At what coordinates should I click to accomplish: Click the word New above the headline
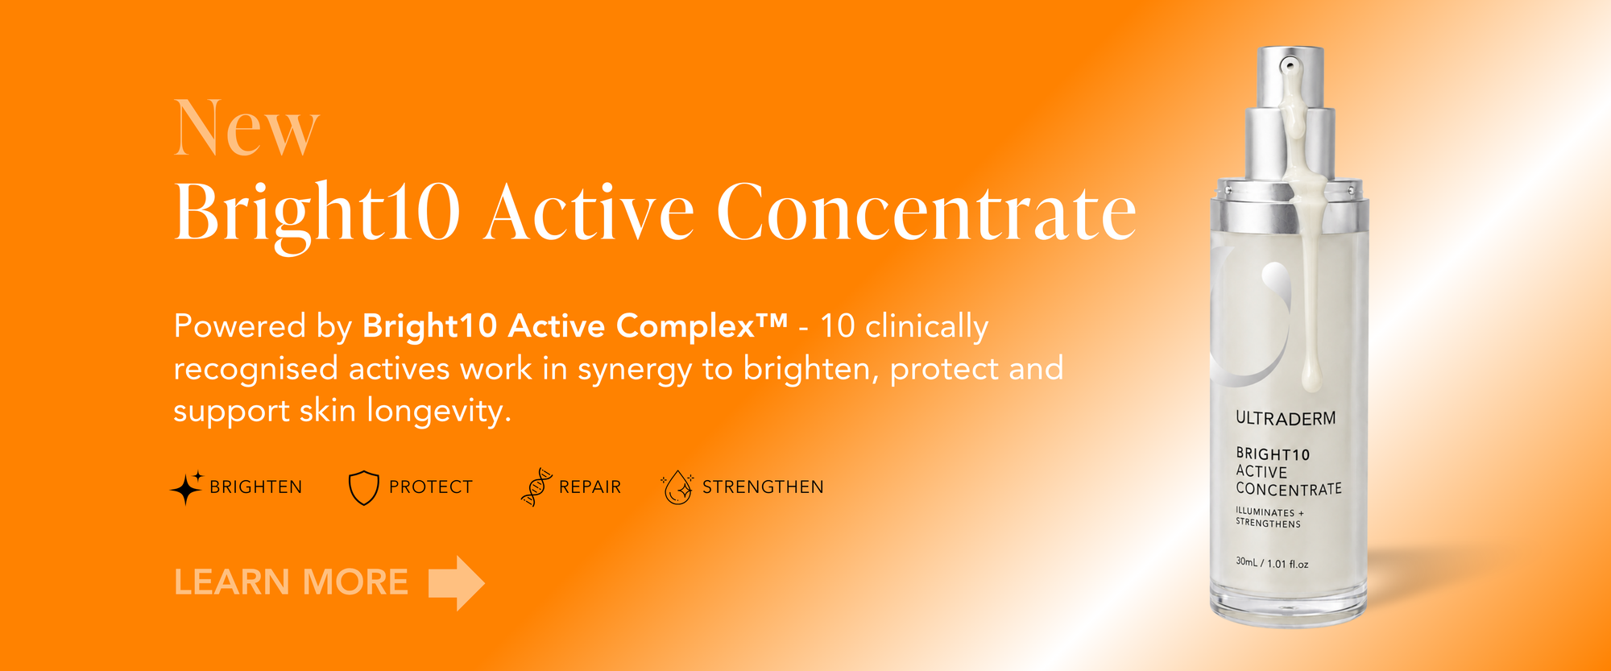(246, 128)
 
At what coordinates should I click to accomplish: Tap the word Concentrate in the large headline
(926, 212)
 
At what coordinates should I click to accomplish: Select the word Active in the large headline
(589, 212)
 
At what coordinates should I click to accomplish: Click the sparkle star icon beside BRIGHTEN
(187, 487)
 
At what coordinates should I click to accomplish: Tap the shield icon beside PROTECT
(363, 487)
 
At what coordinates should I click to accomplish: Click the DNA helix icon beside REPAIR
(536, 487)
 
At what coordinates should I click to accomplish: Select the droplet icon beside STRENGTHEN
(677, 487)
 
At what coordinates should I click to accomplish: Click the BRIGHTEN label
(256, 487)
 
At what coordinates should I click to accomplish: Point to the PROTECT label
(431, 487)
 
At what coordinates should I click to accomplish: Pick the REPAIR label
(590, 487)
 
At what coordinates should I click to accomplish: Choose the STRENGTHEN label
(763, 487)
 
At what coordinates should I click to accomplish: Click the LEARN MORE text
(291, 582)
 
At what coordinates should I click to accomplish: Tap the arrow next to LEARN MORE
(457, 583)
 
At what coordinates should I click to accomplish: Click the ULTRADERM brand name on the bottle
(1286, 419)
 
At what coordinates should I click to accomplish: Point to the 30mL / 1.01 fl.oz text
(1272, 563)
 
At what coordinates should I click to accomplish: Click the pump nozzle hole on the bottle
(1290, 64)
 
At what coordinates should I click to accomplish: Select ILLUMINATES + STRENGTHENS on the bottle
(1269, 518)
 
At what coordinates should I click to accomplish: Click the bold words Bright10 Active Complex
(574, 326)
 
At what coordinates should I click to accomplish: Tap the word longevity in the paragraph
(439, 412)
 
